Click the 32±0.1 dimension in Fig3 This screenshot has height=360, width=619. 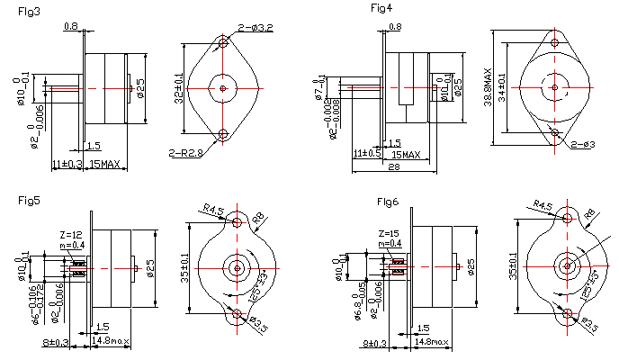(178, 88)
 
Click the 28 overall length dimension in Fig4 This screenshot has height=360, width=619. (393, 167)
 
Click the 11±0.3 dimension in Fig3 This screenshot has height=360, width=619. (67, 164)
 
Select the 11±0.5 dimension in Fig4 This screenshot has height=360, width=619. (367, 153)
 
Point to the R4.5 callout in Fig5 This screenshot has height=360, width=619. (213, 210)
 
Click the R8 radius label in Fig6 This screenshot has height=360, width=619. (590, 214)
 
